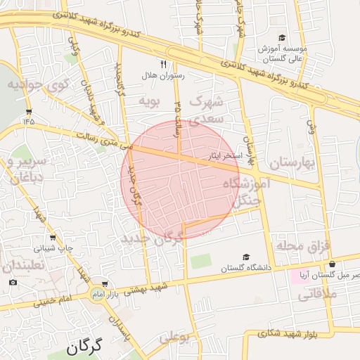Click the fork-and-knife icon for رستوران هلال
point(163,64)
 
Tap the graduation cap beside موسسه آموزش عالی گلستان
point(282,38)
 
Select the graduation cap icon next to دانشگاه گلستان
point(245,257)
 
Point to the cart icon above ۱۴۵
point(29,112)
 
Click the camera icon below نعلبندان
point(13,283)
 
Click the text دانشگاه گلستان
point(245,268)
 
